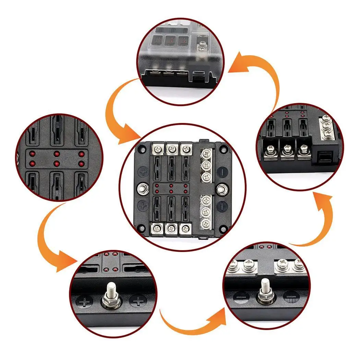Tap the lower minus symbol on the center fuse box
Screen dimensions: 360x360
[223, 206]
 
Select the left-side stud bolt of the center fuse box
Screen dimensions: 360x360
[141, 188]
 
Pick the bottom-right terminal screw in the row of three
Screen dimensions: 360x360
[186, 228]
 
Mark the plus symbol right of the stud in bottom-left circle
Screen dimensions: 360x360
[139, 302]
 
